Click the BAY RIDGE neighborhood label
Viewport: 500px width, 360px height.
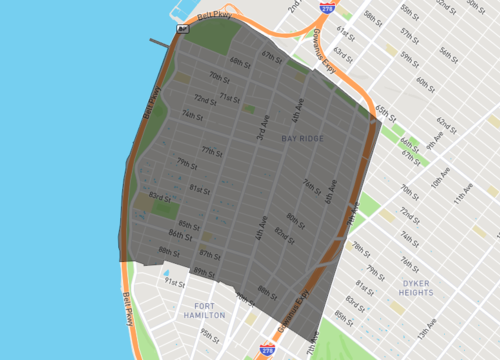pos(302,138)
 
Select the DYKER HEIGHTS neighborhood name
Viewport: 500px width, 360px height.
pos(415,289)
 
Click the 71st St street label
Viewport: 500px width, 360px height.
pos(230,97)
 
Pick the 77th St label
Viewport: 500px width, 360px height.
pos(212,151)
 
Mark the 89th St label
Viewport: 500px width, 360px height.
pos(204,272)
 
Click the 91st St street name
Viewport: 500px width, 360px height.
pos(175,283)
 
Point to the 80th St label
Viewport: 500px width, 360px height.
pos(294,218)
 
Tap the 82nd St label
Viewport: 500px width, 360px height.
pos(284,236)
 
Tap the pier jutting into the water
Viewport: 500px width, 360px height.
pos(159,43)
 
